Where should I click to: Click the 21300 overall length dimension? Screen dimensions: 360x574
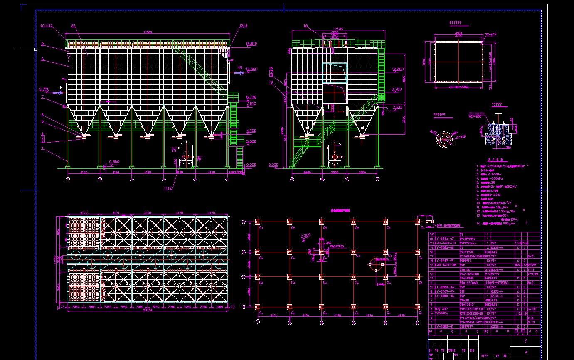147,32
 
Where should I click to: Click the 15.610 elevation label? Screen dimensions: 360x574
251,44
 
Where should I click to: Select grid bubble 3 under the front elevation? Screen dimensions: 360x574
132,179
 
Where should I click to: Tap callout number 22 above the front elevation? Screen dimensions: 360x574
74,26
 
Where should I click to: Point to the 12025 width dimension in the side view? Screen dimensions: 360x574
334,29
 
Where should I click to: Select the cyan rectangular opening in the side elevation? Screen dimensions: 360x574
335,73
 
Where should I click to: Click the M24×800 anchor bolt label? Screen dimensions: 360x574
475,117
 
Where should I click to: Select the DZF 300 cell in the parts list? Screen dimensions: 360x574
441,309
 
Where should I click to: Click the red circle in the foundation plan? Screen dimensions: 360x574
376,264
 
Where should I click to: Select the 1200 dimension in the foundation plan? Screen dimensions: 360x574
380,284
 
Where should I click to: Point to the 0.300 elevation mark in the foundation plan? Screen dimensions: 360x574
305,237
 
